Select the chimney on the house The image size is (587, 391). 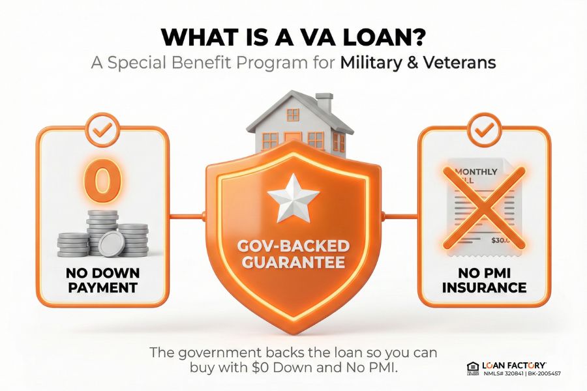tap(324, 103)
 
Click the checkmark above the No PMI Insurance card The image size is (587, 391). tap(483, 130)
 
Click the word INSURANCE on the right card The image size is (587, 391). tap(483, 287)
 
